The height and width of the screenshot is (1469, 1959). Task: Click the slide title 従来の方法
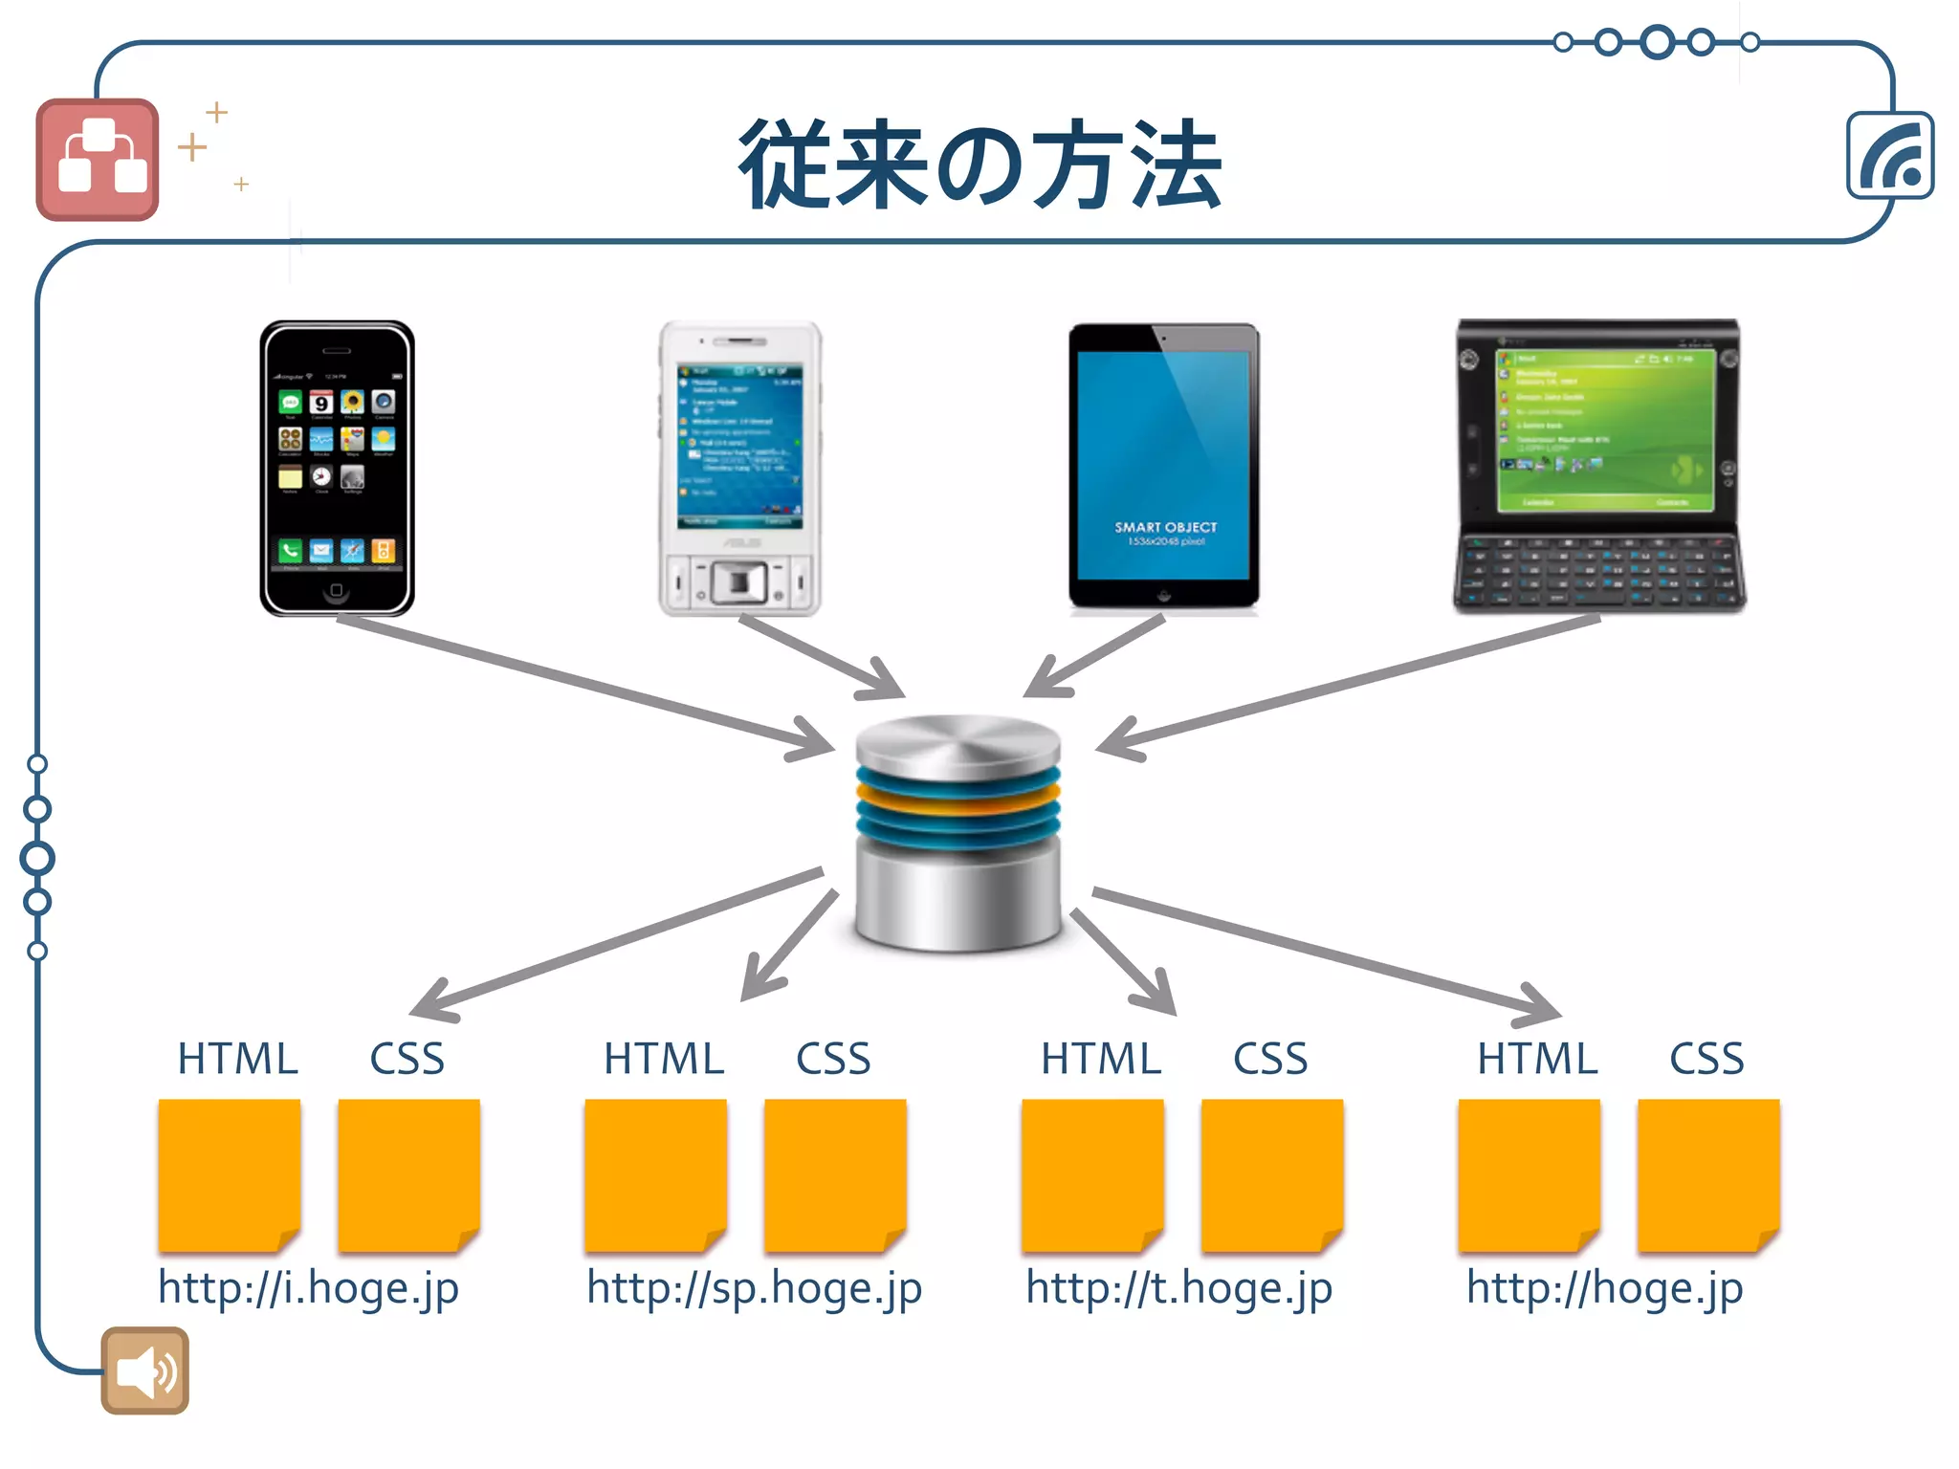979,164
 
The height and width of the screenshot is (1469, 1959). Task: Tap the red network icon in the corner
98,160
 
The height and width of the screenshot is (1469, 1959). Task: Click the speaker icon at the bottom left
144,1370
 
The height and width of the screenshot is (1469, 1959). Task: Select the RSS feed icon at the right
1889,156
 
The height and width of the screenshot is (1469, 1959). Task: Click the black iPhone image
337,468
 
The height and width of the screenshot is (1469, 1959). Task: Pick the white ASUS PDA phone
739,468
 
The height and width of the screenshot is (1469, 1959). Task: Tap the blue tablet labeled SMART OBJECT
1163,466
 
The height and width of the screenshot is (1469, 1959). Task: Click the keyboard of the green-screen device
1597,572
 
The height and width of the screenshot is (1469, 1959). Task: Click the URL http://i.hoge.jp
308,1287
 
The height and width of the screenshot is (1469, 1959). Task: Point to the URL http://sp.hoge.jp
754,1287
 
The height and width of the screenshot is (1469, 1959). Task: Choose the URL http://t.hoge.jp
1178,1287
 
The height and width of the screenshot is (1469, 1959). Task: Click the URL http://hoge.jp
1604,1287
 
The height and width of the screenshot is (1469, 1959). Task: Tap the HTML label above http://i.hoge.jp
237,1060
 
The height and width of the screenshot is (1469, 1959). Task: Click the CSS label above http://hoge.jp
1706,1060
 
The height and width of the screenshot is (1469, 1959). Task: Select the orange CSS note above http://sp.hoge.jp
834,1174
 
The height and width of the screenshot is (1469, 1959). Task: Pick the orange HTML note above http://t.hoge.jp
1092,1174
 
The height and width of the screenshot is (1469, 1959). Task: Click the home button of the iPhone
336,591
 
